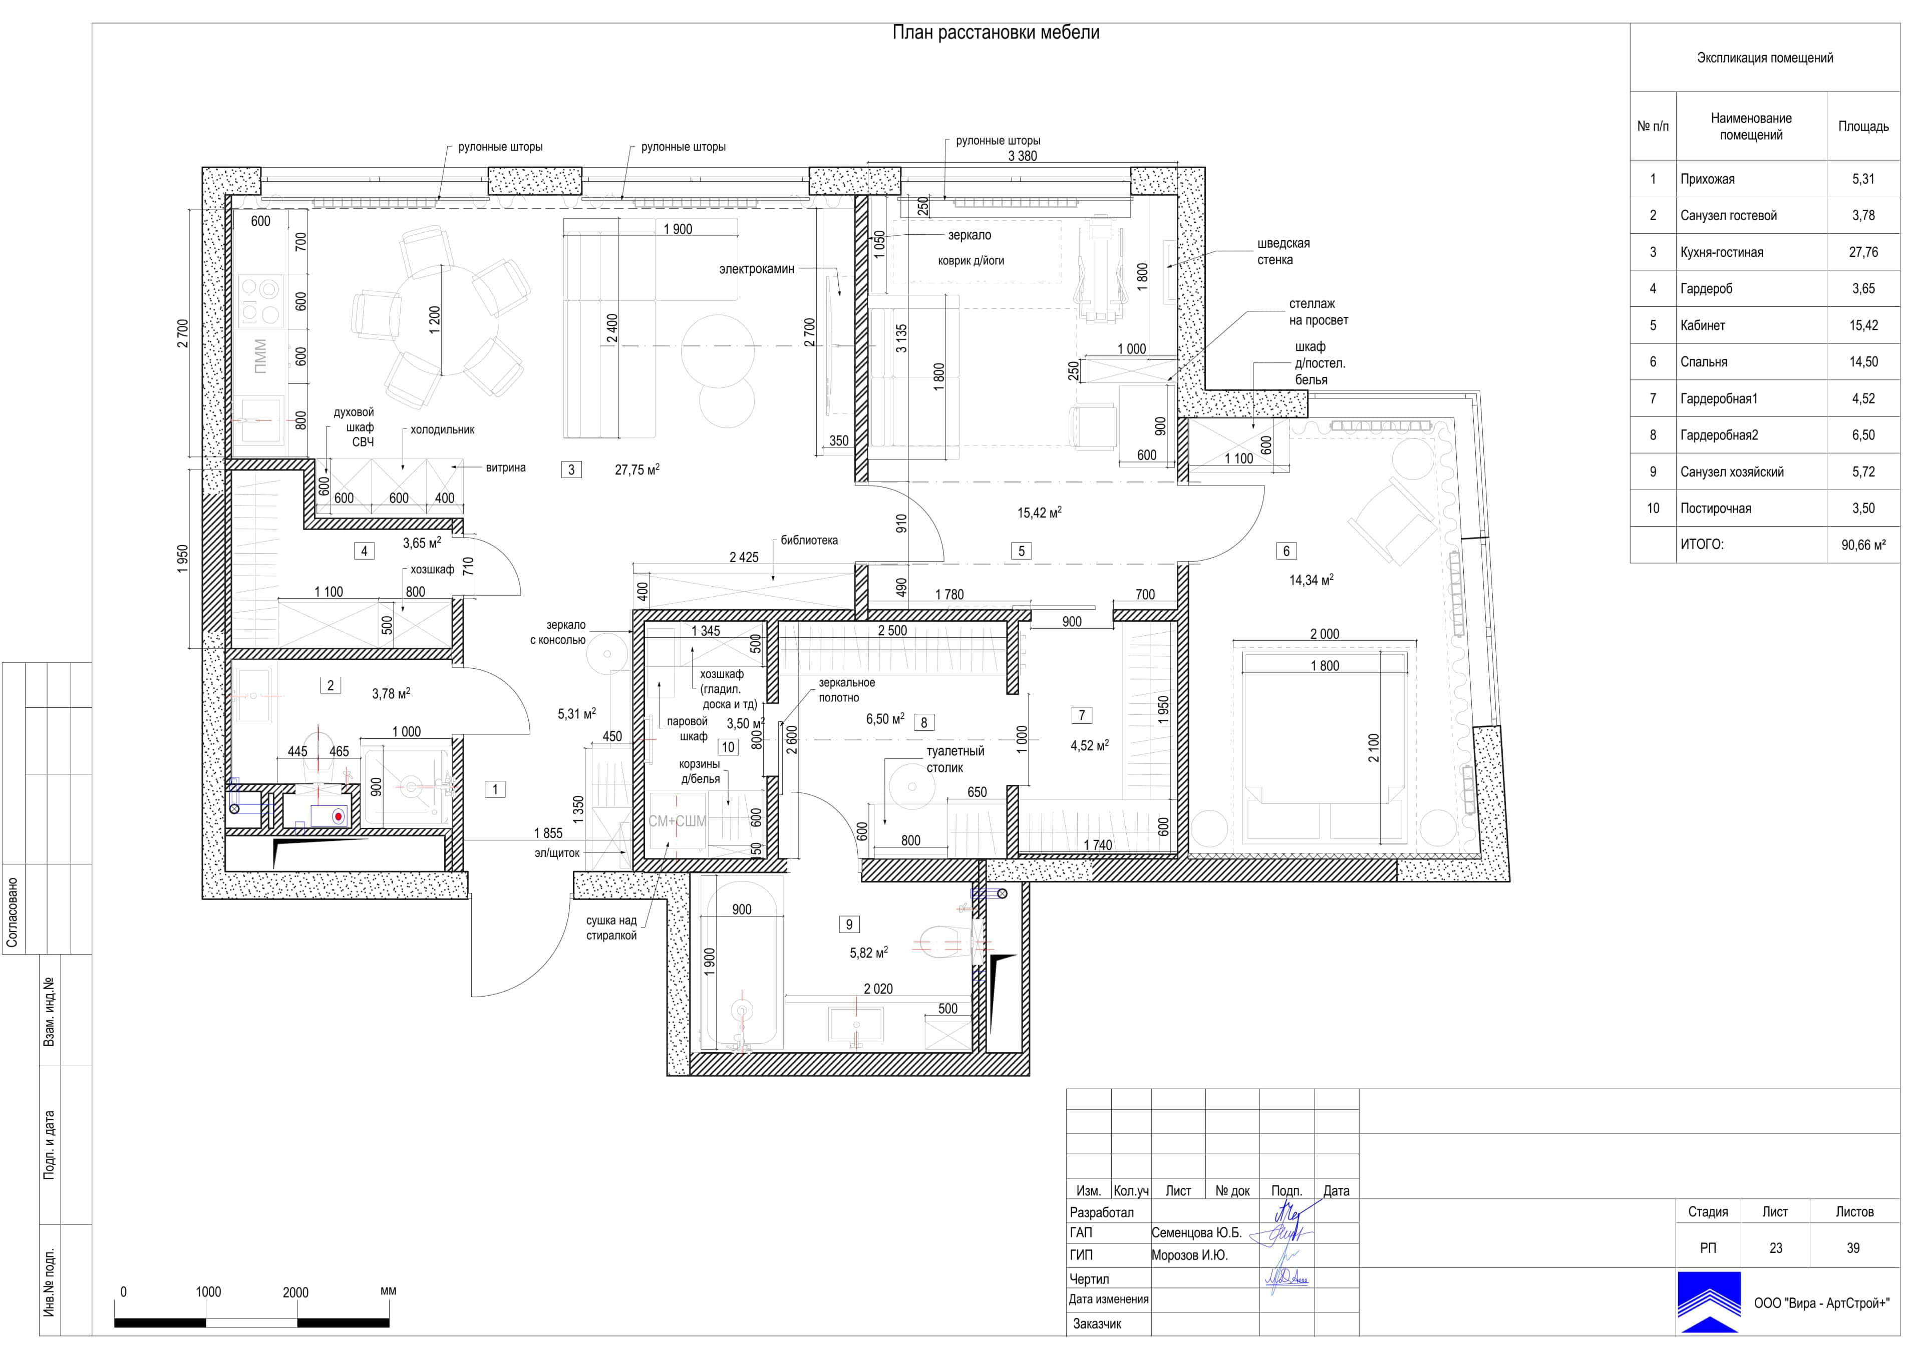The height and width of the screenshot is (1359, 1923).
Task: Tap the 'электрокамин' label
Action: coord(756,269)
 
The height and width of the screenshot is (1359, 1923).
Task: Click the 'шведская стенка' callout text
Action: coord(1283,251)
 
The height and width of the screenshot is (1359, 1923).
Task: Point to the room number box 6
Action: coord(1287,551)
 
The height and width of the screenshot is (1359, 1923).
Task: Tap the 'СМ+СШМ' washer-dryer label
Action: coord(677,821)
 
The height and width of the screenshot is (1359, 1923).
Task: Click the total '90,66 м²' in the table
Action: coord(1863,544)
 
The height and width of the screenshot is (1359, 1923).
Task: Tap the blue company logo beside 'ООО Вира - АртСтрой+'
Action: coord(1709,1302)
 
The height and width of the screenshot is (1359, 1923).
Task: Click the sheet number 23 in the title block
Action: coord(1776,1248)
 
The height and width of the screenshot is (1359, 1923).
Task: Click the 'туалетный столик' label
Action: coord(955,759)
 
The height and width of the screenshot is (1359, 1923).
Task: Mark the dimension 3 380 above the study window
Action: coord(1022,156)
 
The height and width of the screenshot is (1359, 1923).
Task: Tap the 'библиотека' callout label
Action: coord(809,540)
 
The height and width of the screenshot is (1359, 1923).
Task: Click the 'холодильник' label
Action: coord(442,429)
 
